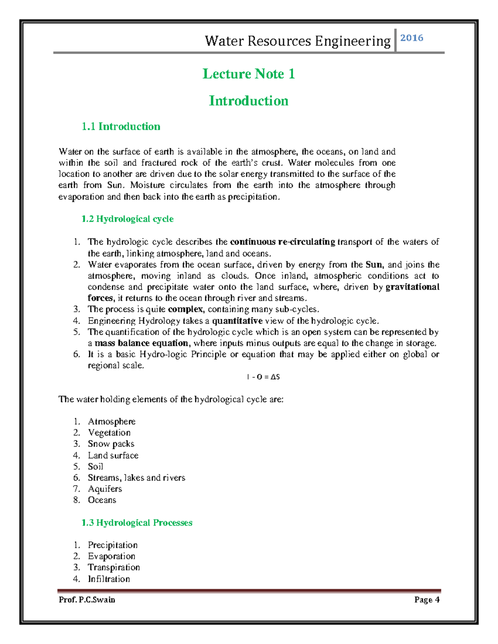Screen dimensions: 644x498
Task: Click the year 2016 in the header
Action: tap(412, 38)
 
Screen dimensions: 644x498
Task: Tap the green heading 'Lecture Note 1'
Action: tap(249, 74)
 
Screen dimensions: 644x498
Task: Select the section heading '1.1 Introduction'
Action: tap(121, 126)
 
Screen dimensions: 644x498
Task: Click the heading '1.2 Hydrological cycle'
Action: tap(127, 219)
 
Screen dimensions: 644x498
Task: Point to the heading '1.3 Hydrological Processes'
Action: tap(137, 522)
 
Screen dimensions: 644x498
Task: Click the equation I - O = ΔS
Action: tap(263, 377)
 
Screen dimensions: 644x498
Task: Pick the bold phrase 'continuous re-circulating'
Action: tap(282, 242)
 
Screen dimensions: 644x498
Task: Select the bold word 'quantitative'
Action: tap(237, 321)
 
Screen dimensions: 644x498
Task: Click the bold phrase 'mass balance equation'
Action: tap(142, 343)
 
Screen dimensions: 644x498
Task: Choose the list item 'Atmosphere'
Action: tap(112, 421)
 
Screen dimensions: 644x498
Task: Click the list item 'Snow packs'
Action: tap(111, 444)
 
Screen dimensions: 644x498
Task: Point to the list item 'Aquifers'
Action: tap(105, 489)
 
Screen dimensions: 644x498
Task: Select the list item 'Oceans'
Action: tap(102, 500)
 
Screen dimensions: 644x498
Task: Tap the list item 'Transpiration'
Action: tap(114, 567)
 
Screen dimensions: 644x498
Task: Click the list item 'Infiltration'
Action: tap(109, 579)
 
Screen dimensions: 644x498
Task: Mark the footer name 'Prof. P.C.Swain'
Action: tap(87, 600)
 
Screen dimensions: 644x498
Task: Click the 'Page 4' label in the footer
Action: tap(427, 600)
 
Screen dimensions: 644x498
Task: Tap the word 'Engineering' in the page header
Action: tap(353, 41)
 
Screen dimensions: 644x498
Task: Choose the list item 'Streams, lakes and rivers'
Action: tap(137, 478)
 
